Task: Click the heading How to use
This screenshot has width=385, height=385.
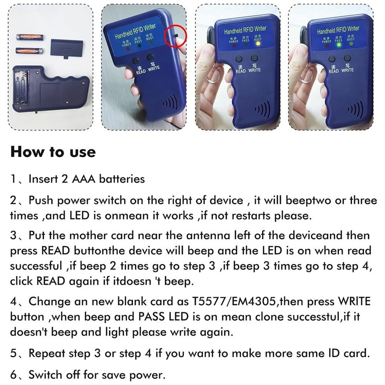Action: coord(53,152)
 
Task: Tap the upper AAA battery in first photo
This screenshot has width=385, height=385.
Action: coord(29,36)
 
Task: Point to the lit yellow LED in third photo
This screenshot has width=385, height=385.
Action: coord(258,44)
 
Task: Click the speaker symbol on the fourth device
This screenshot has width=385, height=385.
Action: coord(358,110)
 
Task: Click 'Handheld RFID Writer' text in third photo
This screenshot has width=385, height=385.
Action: coord(245,30)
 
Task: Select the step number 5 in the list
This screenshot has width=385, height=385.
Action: coord(14,353)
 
